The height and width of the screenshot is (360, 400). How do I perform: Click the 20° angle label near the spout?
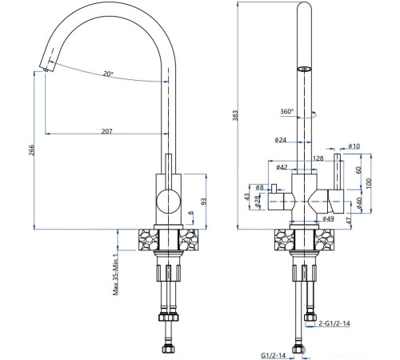point(108,74)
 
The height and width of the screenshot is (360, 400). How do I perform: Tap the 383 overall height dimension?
point(236,117)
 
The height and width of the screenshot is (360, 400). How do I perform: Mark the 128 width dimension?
point(318,158)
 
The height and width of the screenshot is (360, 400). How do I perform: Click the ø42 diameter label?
point(282,167)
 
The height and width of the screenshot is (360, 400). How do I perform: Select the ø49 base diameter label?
point(328,218)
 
